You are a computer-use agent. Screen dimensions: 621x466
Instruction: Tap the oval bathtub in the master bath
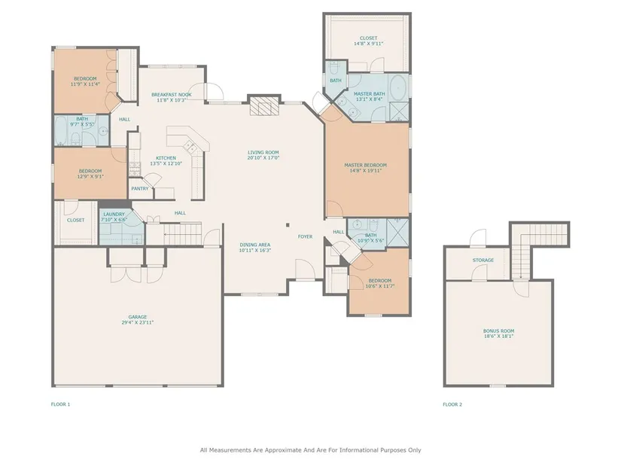pyautogui.click(x=398, y=88)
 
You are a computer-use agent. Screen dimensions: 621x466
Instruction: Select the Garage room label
pyautogui.click(x=138, y=317)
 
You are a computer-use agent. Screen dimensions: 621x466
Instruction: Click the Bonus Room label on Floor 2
pyautogui.click(x=498, y=331)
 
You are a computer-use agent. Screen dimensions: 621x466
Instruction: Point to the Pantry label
pyautogui.click(x=140, y=189)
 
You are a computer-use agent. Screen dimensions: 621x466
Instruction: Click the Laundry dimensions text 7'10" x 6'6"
pyautogui.click(x=114, y=220)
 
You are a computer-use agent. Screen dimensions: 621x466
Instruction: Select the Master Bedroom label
pyautogui.click(x=366, y=165)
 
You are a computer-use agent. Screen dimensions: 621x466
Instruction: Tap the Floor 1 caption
pyautogui.click(x=61, y=404)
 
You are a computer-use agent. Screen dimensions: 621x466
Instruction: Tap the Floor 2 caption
pyautogui.click(x=452, y=404)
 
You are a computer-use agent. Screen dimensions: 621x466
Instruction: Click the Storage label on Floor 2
pyautogui.click(x=483, y=260)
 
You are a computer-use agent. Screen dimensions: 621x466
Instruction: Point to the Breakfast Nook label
pyautogui.click(x=172, y=95)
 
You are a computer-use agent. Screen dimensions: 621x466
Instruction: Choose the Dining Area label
pyautogui.click(x=255, y=245)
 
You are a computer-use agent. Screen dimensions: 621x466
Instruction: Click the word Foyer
pyautogui.click(x=306, y=236)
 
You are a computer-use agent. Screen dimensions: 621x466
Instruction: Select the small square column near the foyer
pyautogui.click(x=288, y=225)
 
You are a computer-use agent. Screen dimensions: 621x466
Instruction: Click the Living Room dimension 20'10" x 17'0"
pyautogui.click(x=263, y=157)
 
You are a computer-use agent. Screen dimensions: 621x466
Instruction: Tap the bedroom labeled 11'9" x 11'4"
pyautogui.click(x=85, y=81)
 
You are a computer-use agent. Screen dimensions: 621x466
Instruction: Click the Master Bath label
pyautogui.click(x=370, y=94)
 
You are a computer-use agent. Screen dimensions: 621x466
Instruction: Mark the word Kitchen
pyautogui.click(x=166, y=158)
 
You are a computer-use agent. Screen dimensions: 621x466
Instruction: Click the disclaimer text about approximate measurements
pyautogui.click(x=310, y=450)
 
